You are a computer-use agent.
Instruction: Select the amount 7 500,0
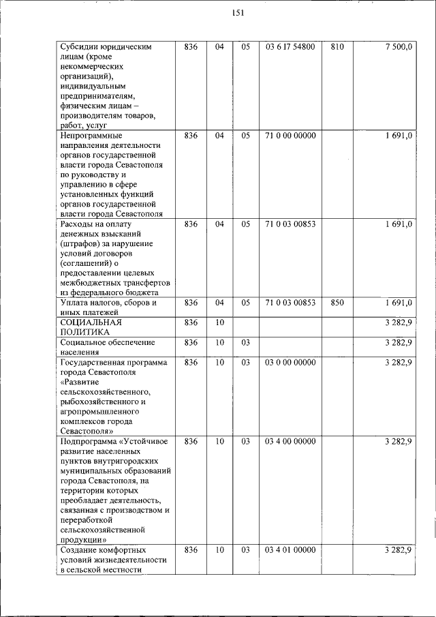(398, 47)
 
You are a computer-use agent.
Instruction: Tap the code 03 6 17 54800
(290, 47)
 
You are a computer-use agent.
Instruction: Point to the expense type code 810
(337, 47)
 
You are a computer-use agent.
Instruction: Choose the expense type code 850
(337, 303)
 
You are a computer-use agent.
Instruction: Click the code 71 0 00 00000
(290, 136)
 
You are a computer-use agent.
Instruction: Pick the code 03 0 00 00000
(290, 363)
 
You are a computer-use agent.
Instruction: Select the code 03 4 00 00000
(290, 442)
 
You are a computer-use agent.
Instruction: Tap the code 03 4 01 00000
(290, 550)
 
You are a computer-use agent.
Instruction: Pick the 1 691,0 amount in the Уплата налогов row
(398, 303)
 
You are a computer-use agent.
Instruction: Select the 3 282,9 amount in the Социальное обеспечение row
(398, 342)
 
